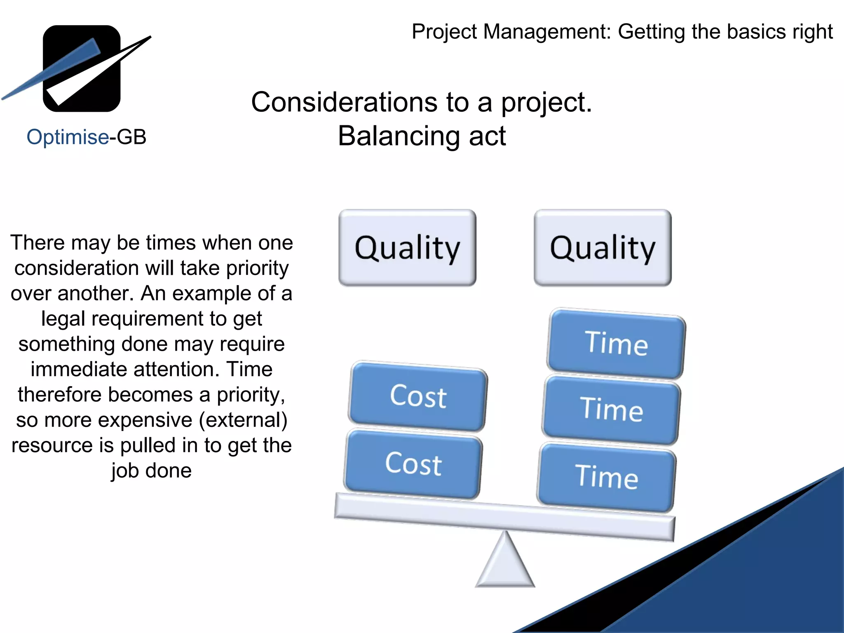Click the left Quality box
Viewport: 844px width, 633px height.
[407, 248]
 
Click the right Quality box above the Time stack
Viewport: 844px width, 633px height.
[603, 248]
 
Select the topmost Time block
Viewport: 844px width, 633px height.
[616, 343]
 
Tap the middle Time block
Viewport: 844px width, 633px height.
[611, 410]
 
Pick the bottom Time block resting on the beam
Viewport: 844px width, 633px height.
[606, 477]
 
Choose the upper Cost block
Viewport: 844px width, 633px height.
[418, 396]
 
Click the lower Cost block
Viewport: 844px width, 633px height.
[413, 464]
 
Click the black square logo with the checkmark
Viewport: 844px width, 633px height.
[82, 68]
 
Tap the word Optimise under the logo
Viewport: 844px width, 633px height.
[68, 137]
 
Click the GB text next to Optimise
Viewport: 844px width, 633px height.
[131, 137]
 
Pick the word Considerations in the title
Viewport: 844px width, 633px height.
[344, 103]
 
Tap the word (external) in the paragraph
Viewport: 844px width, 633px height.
[243, 420]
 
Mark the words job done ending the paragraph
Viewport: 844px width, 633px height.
[151, 471]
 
